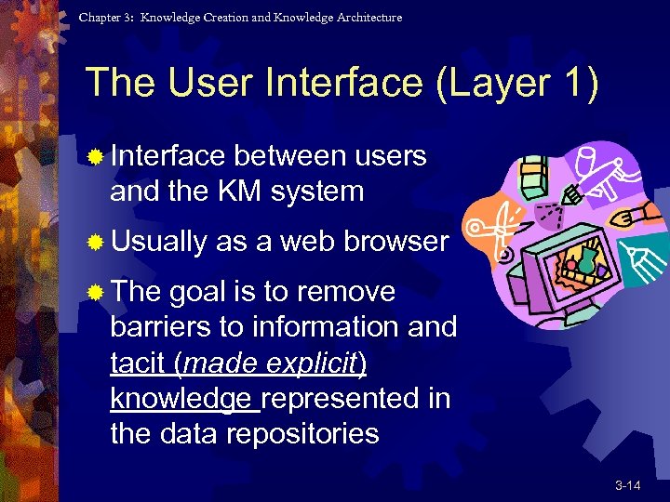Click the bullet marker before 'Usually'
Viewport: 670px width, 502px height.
pos(94,243)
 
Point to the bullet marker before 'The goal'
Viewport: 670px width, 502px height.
pos(94,293)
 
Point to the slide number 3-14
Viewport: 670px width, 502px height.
pos(627,485)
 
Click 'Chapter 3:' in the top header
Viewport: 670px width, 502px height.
pos(106,18)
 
